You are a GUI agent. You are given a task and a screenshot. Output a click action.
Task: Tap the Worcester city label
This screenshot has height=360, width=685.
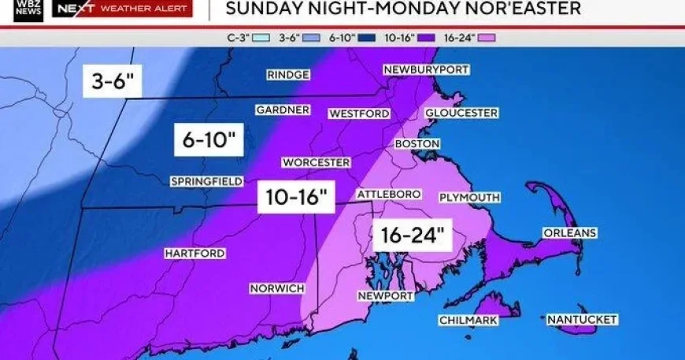[316, 162]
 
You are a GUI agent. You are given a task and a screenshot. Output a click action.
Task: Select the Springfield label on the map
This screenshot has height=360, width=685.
[206, 182]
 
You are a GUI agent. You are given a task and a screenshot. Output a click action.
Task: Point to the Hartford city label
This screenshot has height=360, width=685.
[194, 254]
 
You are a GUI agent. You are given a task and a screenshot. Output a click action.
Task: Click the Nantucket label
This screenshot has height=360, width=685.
[582, 320]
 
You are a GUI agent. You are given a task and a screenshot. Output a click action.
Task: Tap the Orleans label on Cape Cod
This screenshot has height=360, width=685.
[569, 233]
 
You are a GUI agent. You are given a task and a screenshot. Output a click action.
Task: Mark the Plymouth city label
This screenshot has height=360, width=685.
[469, 197]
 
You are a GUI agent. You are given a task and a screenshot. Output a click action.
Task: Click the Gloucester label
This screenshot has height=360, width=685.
[461, 113]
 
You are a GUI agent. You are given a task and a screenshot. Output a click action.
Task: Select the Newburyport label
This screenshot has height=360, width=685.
[427, 70]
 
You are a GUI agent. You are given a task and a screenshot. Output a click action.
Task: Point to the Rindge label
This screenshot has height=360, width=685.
[287, 75]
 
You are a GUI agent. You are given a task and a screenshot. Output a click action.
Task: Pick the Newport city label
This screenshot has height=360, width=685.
[386, 295]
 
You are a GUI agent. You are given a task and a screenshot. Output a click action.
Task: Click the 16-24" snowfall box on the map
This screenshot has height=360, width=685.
[411, 234]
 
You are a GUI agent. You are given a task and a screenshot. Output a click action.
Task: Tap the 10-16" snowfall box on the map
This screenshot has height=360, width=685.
[297, 196]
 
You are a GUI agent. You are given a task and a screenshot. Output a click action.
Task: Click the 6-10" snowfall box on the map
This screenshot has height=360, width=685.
[209, 141]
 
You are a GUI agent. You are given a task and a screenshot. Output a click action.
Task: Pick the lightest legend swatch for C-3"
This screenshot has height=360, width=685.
[262, 36]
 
